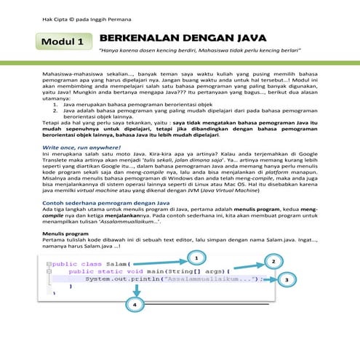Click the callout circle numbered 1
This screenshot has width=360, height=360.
click(195, 257)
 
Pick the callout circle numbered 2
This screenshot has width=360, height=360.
click(273, 261)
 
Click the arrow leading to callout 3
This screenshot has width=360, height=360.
click(266, 279)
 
